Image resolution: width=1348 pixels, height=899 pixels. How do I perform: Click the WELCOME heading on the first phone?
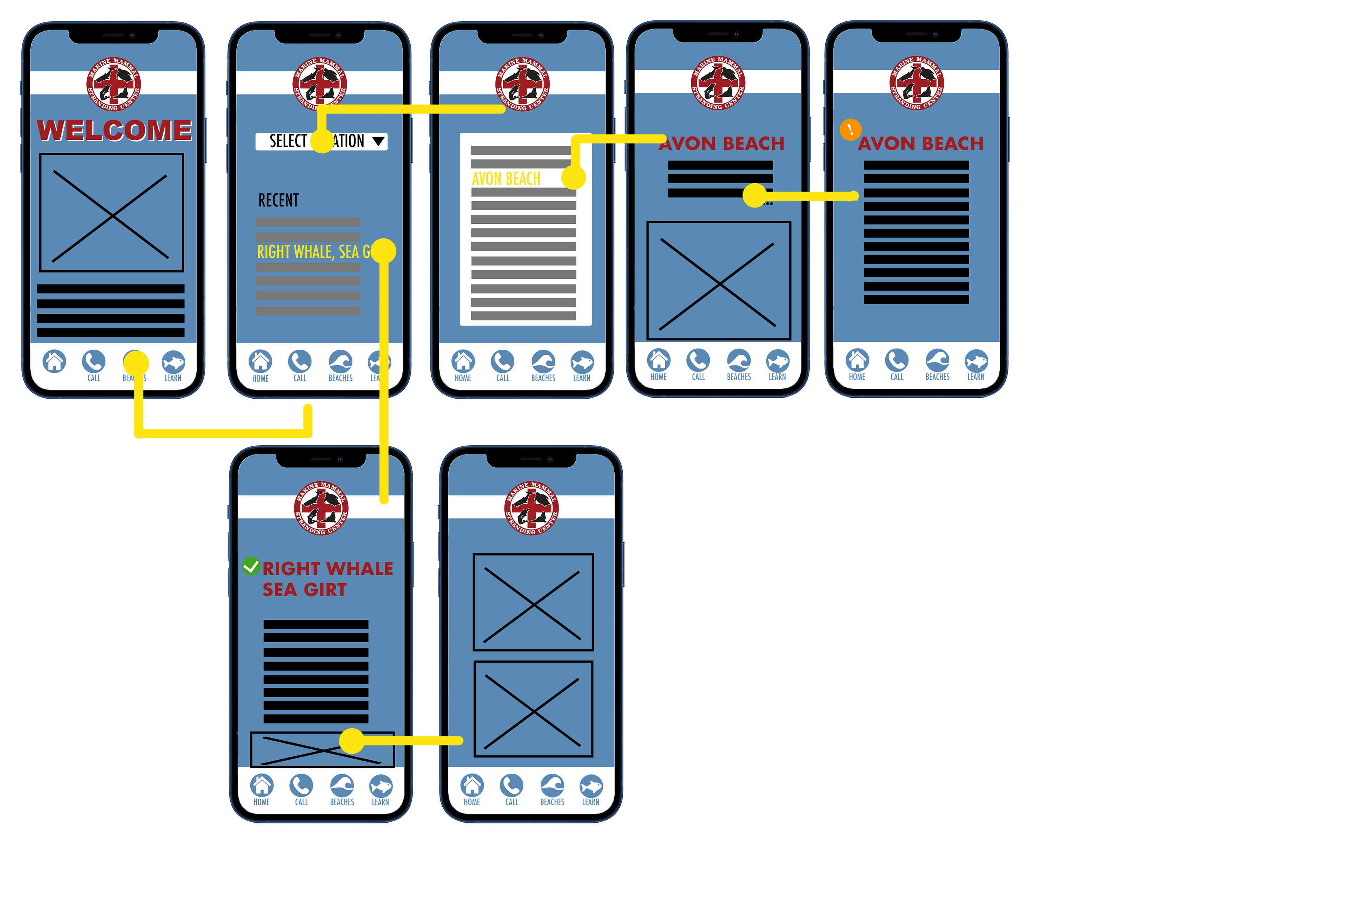click(115, 130)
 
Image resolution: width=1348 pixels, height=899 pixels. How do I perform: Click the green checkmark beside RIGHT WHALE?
click(251, 566)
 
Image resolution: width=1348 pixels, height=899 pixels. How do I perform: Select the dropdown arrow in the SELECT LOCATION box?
click(378, 141)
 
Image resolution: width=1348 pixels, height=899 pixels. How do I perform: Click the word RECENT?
click(278, 201)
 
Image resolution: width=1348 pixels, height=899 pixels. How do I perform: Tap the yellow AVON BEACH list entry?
click(506, 179)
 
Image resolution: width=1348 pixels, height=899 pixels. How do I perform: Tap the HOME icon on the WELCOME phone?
click(54, 362)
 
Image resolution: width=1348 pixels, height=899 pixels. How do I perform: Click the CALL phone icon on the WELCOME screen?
click(93, 362)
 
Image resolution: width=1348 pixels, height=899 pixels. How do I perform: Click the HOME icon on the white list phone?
click(463, 362)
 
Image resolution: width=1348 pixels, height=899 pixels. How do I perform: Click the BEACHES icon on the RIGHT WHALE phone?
click(342, 786)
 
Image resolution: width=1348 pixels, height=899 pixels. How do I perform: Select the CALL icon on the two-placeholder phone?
click(511, 786)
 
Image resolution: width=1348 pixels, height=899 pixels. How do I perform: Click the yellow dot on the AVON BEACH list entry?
click(573, 178)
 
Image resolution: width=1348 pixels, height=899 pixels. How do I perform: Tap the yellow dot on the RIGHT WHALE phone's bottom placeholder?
click(352, 741)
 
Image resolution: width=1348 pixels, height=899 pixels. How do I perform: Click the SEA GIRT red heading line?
click(304, 590)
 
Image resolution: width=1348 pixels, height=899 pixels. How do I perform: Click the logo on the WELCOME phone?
click(113, 84)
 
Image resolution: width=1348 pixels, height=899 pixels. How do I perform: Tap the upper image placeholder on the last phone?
click(533, 602)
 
